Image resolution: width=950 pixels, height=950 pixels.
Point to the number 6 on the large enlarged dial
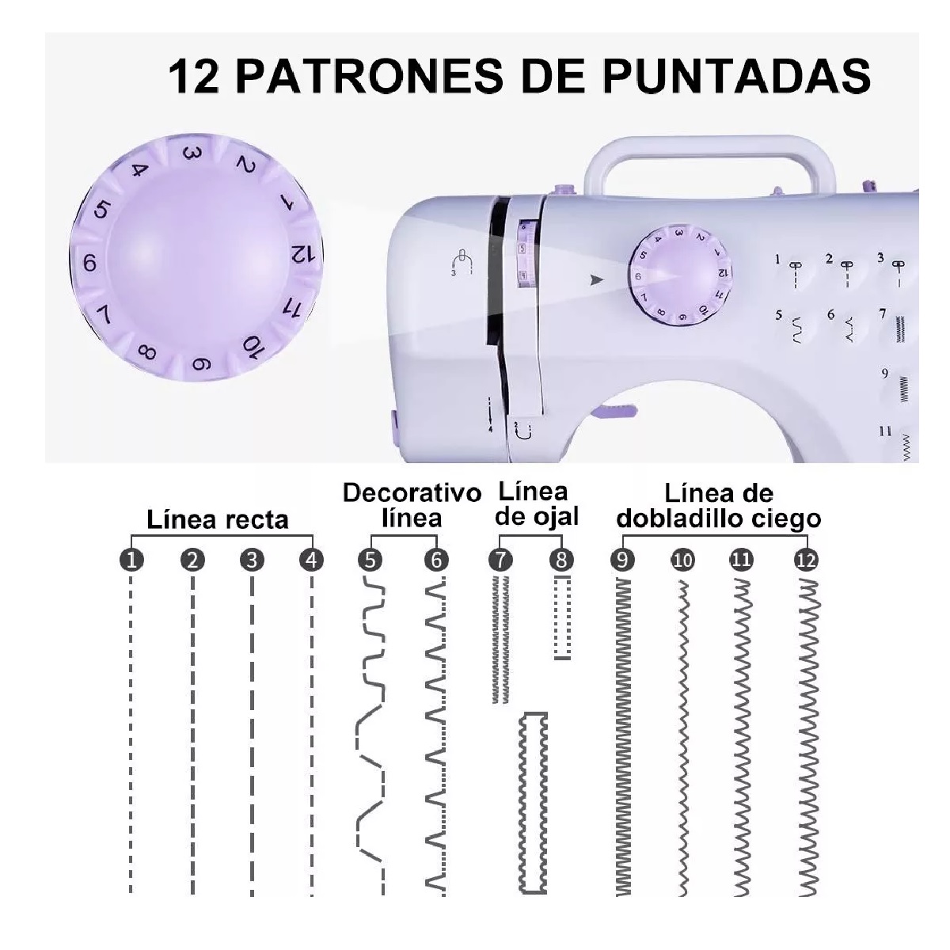tap(89, 263)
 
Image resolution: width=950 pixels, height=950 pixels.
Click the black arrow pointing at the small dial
tap(596, 279)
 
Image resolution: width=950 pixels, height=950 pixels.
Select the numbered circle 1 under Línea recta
tap(132, 560)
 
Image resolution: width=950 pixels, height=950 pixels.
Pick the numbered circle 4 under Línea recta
tap(312, 560)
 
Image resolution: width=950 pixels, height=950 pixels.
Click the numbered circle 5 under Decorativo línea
tap(370, 560)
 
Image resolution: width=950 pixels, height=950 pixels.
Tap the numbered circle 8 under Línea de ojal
tap(561, 560)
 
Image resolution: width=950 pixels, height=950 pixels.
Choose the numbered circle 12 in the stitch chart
tap(805, 560)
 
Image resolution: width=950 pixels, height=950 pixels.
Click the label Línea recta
tap(218, 520)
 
